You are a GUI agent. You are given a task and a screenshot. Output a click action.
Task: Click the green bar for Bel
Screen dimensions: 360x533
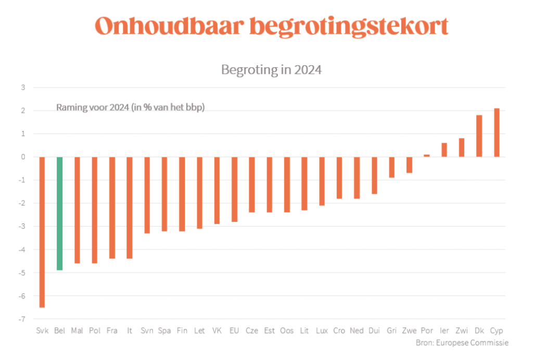(x=60, y=213)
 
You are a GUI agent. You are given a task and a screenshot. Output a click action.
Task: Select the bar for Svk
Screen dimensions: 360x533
(x=42, y=232)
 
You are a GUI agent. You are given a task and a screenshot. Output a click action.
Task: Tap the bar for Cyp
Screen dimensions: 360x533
(x=497, y=132)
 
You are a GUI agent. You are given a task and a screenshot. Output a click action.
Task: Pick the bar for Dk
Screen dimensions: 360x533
(x=479, y=136)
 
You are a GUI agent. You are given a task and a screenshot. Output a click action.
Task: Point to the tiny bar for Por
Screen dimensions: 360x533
(x=427, y=155)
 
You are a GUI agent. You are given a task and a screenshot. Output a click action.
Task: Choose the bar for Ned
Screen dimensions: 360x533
(x=357, y=178)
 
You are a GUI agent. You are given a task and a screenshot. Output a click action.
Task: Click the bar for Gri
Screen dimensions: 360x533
(x=391, y=167)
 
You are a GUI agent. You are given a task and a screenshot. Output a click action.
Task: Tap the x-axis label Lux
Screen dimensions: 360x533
(x=322, y=331)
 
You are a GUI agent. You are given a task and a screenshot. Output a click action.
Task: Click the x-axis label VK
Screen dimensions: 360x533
(x=217, y=331)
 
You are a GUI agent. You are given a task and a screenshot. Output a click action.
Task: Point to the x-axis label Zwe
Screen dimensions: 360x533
(x=409, y=331)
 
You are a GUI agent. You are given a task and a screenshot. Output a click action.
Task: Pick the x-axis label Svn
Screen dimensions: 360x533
(x=147, y=331)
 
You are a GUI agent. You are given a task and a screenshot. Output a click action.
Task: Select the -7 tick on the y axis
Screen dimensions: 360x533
(x=22, y=319)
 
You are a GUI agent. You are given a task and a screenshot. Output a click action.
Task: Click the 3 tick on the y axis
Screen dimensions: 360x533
(x=23, y=88)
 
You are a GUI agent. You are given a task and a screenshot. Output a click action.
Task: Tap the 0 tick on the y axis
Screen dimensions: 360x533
(x=23, y=157)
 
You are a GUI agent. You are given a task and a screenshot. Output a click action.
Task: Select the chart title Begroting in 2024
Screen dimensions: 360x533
(x=271, y=70)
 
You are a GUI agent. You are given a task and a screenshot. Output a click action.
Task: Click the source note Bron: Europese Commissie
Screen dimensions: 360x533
(x=462, y=343)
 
